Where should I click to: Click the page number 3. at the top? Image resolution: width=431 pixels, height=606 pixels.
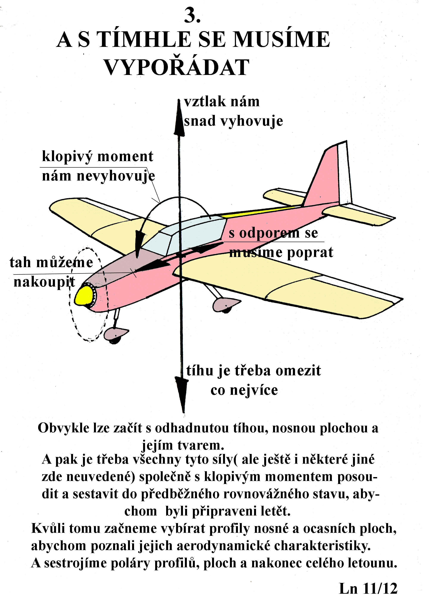192,15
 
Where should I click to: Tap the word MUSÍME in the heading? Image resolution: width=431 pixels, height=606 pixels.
282,39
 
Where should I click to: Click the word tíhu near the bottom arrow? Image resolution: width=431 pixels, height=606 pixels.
200,370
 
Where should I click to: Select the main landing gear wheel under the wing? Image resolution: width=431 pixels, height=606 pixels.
226,305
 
